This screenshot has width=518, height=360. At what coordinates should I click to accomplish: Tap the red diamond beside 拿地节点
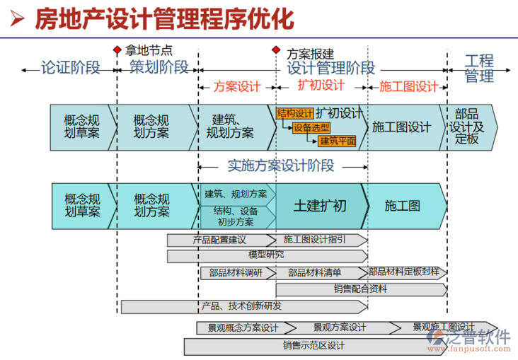click(117, 51)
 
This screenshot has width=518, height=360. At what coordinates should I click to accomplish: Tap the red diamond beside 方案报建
click(276, 51)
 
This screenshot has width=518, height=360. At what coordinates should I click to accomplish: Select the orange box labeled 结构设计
click(295, 113)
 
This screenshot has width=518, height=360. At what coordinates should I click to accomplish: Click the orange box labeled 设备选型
click(311, 127)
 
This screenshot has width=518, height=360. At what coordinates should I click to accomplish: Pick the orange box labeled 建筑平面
click(338, 140)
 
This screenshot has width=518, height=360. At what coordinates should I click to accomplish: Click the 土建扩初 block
click(320, 205)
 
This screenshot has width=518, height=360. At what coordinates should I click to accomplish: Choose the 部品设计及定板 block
click(467, 127)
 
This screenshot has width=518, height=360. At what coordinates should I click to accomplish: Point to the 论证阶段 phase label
click(70, 68)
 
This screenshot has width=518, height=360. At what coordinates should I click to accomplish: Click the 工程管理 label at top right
click(479, 68)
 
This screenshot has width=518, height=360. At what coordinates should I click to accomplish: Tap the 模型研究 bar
click(267, 255)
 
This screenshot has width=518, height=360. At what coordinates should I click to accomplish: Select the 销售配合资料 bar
click(360, 289)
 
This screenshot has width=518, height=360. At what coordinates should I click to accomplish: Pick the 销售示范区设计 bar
click(314, 346)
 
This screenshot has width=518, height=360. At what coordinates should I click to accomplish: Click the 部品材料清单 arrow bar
click(316, 272)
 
